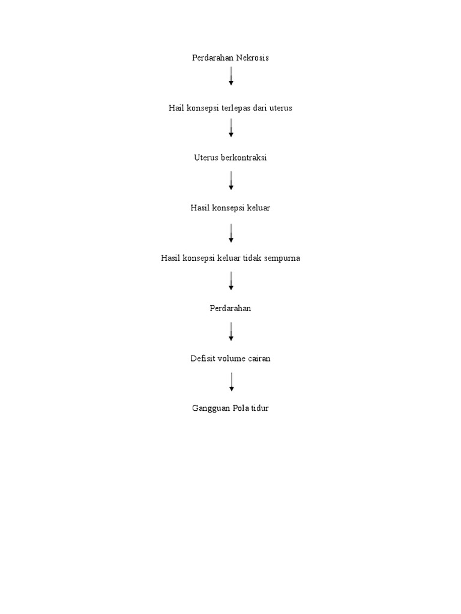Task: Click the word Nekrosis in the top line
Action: click(x=252, y=58)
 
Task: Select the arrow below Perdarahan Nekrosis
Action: click(x=231, y=76)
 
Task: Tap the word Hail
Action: click(x=176, y=108)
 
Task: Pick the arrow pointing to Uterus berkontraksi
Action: click(x=231, y=128)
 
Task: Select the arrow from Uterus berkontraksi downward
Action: click(x=231, y=180)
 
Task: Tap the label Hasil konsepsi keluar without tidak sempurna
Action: click(x=230, y=208)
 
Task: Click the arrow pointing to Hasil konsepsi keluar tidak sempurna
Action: click(x=231, y=233)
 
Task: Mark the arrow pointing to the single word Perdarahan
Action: click(x=231, y=281)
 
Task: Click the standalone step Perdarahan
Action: click(x=230, y=308)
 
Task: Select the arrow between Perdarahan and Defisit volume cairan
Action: click(x=231, y=332)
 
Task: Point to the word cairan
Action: click(x=258, y=359)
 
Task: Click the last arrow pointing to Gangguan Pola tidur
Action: click(x=231, y=382)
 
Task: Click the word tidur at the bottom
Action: click(x=259, y=408)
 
